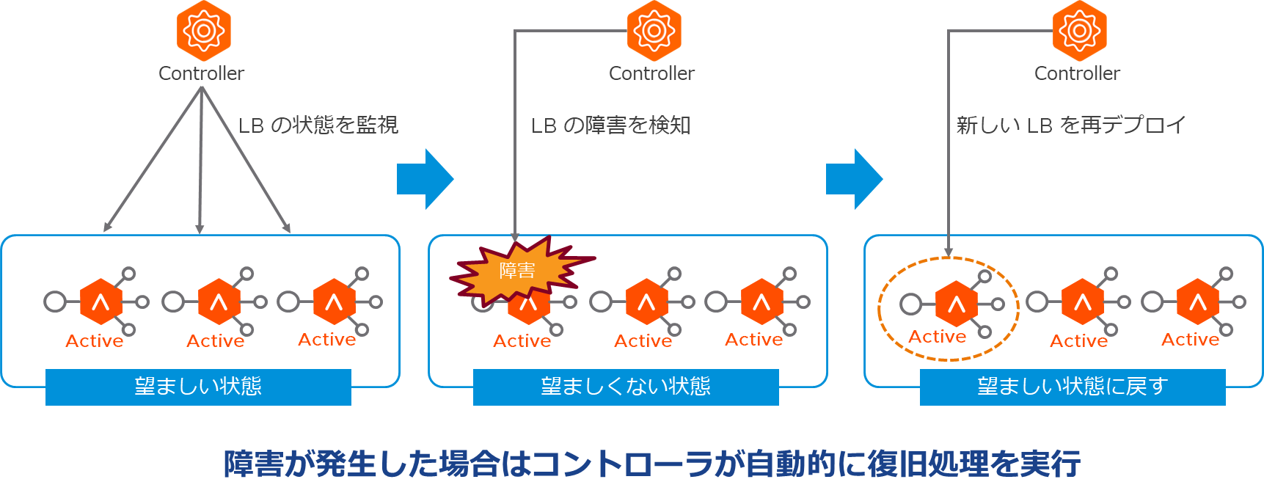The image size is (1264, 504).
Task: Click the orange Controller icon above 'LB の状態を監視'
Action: (203, 31)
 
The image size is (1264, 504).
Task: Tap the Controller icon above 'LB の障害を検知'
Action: (654, 31)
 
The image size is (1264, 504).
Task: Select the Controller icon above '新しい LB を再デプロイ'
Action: (1079, 31)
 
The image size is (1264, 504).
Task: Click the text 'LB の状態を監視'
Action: (318, 125)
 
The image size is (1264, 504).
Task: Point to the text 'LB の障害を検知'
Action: (611, 125)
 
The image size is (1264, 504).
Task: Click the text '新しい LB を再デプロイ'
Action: (1071, 125)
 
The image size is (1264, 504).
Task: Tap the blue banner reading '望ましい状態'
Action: (198, 387)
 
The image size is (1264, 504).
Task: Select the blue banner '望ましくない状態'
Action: (626, 387)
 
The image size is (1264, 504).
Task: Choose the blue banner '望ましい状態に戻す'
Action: (1073, 387)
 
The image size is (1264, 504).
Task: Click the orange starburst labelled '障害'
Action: (518, 271)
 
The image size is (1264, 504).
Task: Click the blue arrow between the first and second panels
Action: (425, 179)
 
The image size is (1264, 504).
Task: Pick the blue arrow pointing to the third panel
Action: (854, 179)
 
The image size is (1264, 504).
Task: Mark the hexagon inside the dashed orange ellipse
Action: (956, 303)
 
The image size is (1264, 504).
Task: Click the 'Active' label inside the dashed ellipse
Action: (938, 337)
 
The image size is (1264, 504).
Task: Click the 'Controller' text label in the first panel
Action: (202, 74)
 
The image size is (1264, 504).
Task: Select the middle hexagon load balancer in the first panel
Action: (219, 302)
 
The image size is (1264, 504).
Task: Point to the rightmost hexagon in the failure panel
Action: (761, 302)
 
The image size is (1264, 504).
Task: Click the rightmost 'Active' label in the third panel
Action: (1190, 340)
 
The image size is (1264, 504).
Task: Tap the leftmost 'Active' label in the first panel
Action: (95, 341)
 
